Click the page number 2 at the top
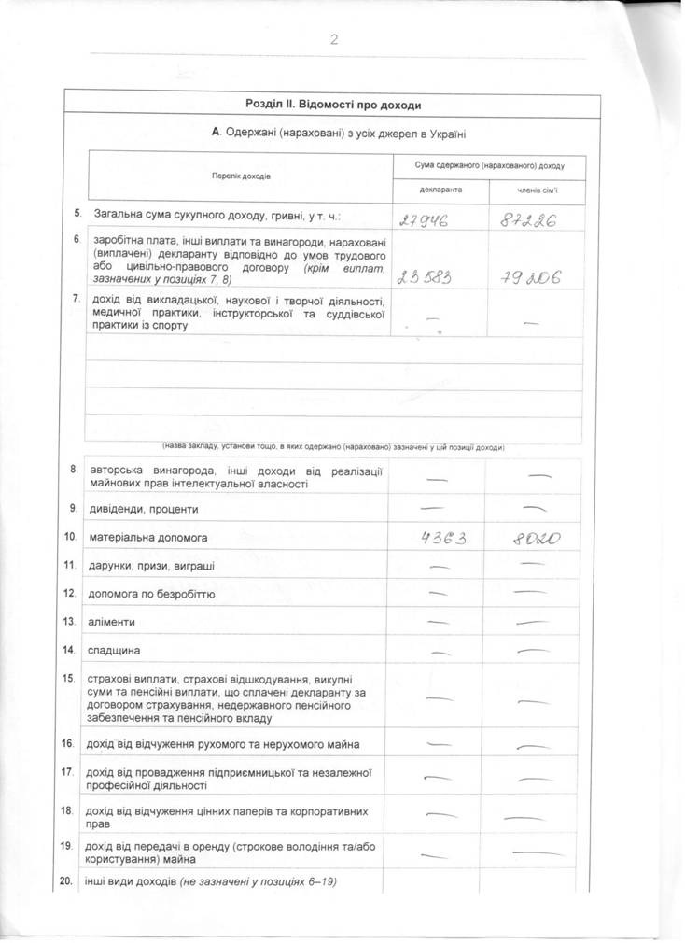pos(333,39)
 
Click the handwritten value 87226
pos(529,220)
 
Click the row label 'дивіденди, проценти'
pos(143,510)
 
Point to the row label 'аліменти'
pos(112,622)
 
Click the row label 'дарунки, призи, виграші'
pos(151,566)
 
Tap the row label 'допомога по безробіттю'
pos(152,594)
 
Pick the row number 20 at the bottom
pos(66,880)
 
